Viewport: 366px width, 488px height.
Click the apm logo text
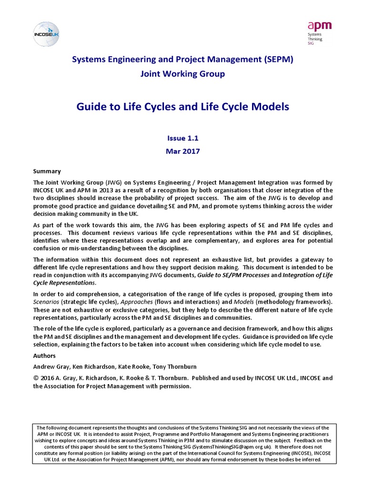point(320,26)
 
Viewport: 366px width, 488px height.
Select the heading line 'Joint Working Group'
point(182,74)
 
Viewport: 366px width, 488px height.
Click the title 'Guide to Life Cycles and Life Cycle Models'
point(183,107)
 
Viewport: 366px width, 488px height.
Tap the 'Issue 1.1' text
point(183,138)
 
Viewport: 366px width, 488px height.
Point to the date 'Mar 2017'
point(183,152)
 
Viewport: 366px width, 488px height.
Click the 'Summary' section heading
point(47,171)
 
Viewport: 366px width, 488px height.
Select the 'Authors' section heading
point(44,356)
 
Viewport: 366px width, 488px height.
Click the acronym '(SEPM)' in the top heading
point(275,60)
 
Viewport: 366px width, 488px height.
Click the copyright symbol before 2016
point(36,378)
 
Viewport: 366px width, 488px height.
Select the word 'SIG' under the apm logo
point(311,44)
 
